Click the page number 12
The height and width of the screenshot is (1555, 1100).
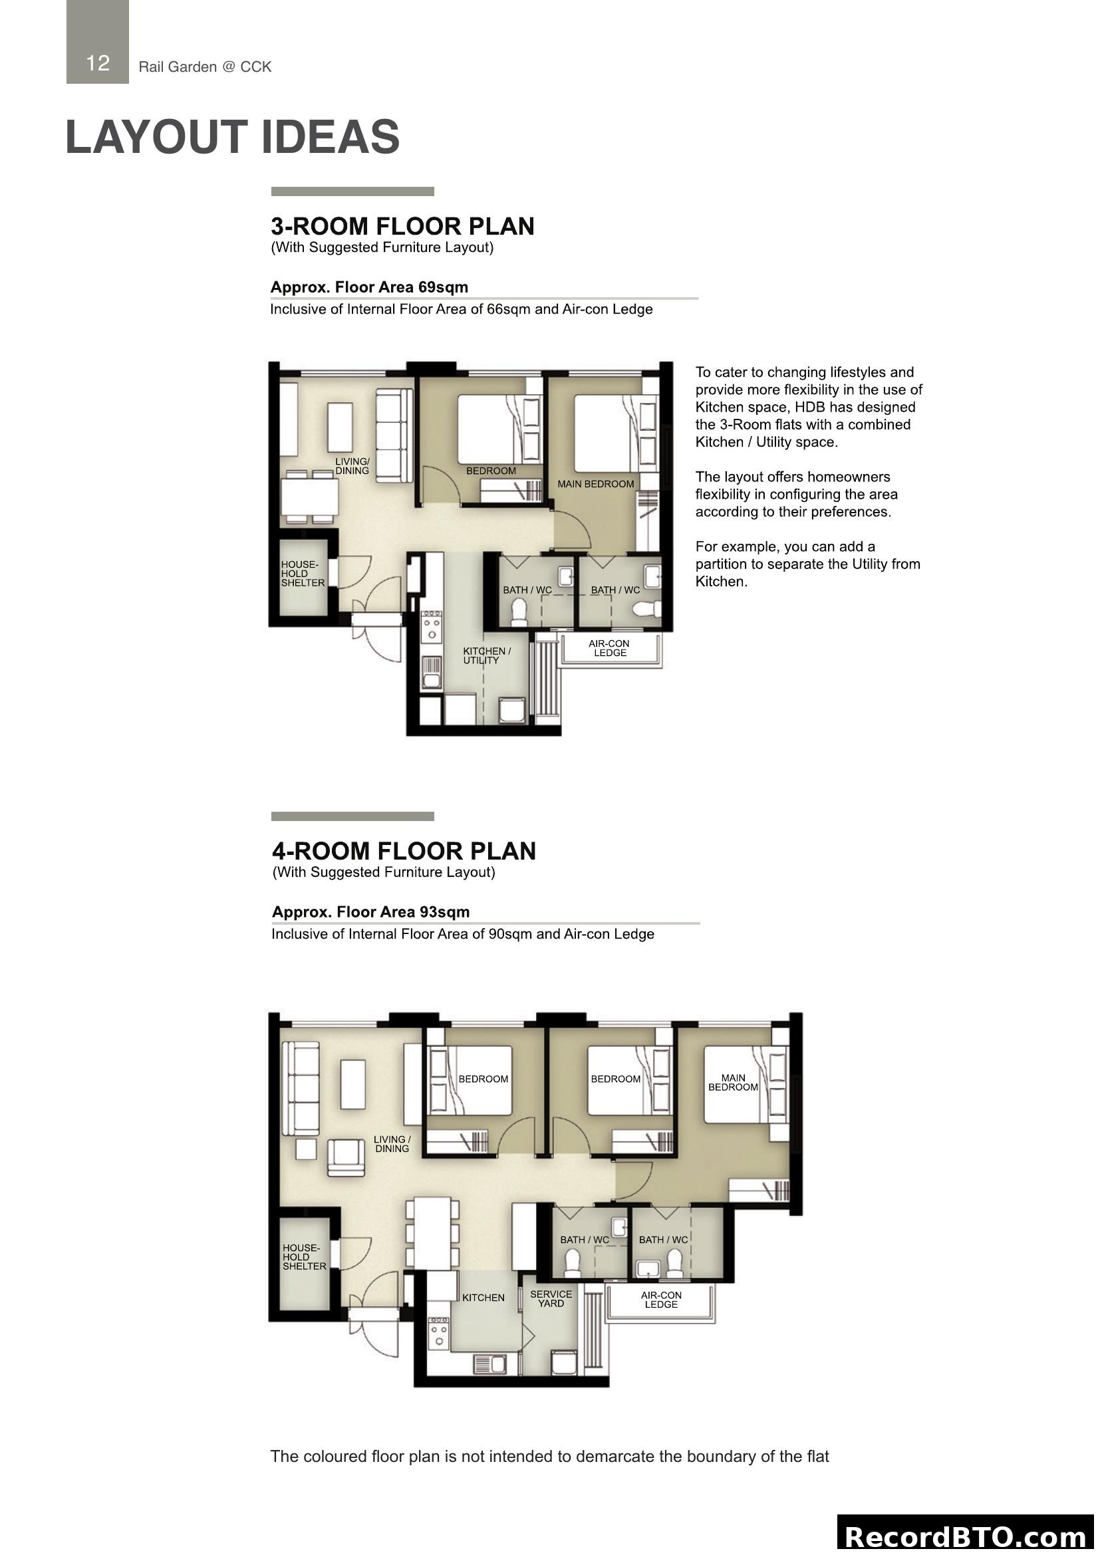tap(98, 63)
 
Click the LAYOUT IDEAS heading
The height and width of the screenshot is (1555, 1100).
tap(232, 137)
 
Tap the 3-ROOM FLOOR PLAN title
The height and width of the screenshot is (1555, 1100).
tap(402, 226)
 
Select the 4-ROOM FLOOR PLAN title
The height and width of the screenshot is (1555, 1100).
tap(404, 852)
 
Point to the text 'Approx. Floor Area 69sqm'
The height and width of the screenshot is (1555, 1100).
tap(369, 287)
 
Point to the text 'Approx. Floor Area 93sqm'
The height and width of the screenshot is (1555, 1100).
tap(370, 912)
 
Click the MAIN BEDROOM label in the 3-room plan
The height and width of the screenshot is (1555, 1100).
tap(595, 484)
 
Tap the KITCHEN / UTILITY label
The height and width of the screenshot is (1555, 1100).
tap(486, 656)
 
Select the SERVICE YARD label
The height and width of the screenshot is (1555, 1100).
tap(551, 1298)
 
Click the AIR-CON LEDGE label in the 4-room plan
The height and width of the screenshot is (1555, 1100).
tap(661, 1299)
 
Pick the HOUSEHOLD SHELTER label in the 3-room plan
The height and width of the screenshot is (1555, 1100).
tap(303, 574)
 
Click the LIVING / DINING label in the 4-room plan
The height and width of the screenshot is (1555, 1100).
tap(392, 1144)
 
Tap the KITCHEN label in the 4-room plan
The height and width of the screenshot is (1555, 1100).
tap(483, 1298)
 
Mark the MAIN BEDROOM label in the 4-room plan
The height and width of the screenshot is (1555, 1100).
tap(733, 1082)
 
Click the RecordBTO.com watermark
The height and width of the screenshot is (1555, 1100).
tap(967, 1536)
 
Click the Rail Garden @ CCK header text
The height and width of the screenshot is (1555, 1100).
tap(205, 67)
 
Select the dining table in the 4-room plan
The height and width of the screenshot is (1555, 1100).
tap(432, 1233)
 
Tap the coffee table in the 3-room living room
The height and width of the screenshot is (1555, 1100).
tap(339, 427)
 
